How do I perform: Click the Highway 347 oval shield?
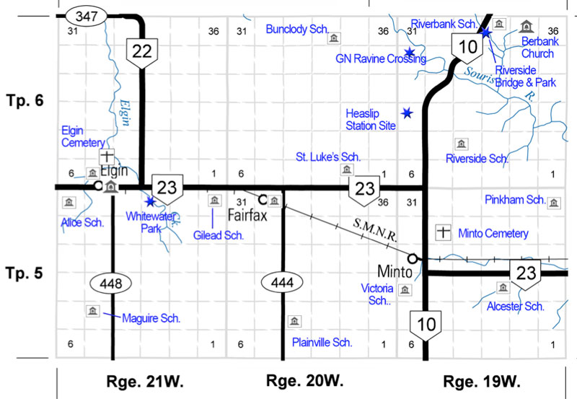84,14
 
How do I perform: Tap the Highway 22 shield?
143,51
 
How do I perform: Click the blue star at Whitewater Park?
150,201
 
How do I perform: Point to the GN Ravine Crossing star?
409,52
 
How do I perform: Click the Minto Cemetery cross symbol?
444,232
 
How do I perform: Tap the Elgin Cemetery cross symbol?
106,156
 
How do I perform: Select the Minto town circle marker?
413,258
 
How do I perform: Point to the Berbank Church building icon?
526,27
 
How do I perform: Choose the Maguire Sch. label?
151,317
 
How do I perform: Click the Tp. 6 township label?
26,100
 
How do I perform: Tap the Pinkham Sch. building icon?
554,202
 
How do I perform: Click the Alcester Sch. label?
514,306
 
